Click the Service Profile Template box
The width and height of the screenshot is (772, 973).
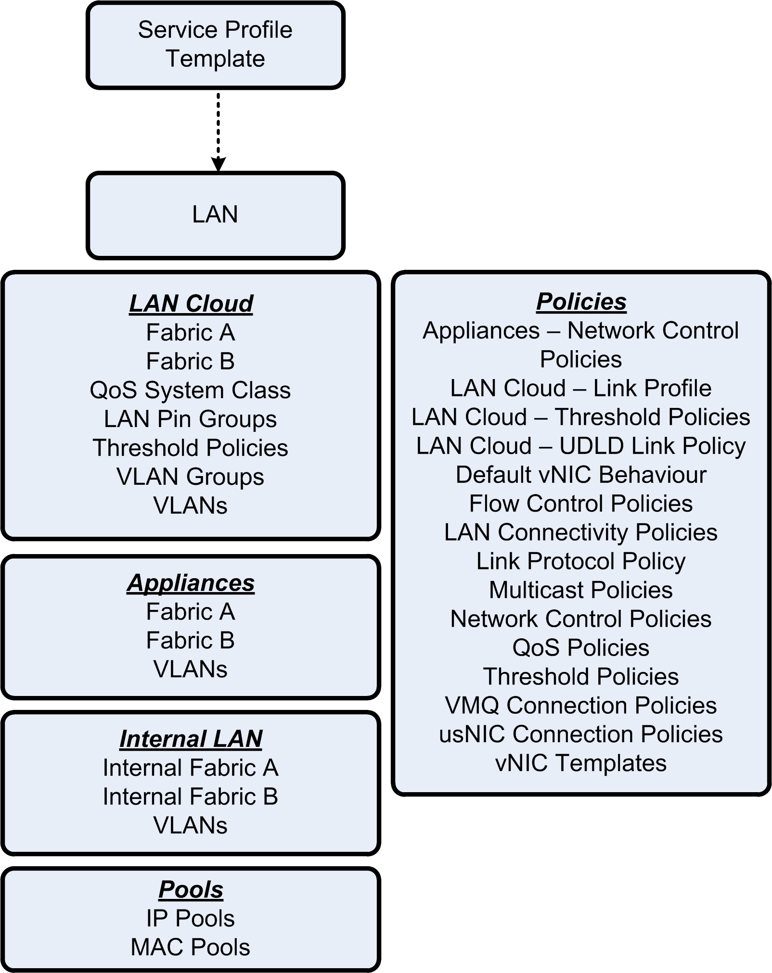(x=215, y=45)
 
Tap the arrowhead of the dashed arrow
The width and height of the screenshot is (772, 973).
(x=218, y=164)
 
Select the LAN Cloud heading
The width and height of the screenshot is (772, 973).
(x=191, y=303)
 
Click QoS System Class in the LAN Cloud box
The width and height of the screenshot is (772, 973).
(x=190, y=390)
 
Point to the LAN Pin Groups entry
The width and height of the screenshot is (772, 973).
(x=190, y=419)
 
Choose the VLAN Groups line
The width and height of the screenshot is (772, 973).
(x=190, y=477)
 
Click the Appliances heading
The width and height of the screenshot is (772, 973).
(x=191, y=583)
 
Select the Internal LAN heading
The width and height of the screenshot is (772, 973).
(x=191, y=739)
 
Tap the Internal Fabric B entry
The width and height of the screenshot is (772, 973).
(x=190, y=796)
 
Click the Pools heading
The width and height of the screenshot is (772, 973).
(x=191, y=889)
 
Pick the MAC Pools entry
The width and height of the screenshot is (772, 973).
(x=190, y=947)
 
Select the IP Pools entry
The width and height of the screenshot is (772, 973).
(x=190, y=918)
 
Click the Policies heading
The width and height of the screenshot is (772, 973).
(x=581, y=302)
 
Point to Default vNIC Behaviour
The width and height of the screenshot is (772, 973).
(x=581, y=475)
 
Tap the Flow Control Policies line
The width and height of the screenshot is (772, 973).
(x=581, y=504)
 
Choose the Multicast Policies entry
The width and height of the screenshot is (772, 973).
(x=581, y=590)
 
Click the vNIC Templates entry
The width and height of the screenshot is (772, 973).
(x=581, y=763)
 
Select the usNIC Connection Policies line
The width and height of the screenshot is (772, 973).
(x=581, y=734)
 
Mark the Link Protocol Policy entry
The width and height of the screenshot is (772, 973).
(x=581, y=561)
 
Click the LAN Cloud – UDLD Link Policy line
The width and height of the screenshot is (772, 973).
(x=581, y=446)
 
